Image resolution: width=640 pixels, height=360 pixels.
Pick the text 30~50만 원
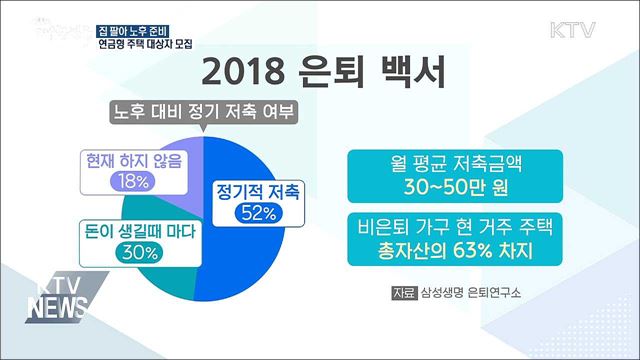[455, 188]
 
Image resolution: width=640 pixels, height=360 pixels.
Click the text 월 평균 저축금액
[455, 164]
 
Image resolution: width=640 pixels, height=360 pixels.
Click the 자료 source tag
[406, 294]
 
